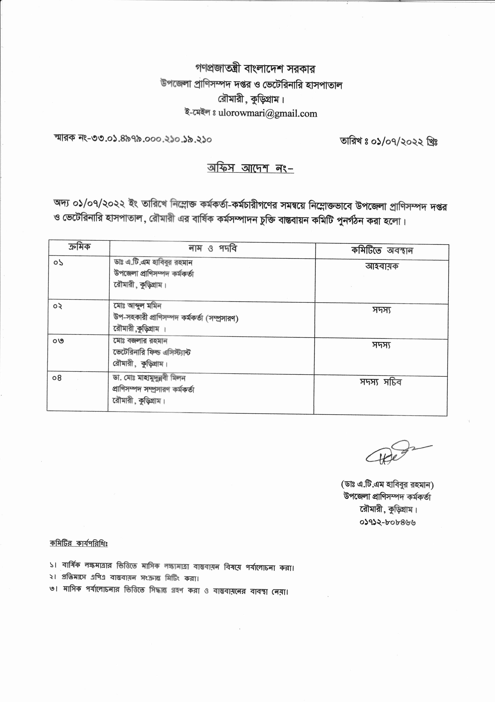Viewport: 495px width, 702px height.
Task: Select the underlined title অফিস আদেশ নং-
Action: [250, 168]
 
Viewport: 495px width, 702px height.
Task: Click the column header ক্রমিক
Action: [79, 247]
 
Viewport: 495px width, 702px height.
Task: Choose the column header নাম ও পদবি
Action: [213, 249]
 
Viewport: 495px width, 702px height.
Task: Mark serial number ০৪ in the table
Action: [57, 378]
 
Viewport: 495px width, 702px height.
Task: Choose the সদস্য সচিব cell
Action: [380, 382]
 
